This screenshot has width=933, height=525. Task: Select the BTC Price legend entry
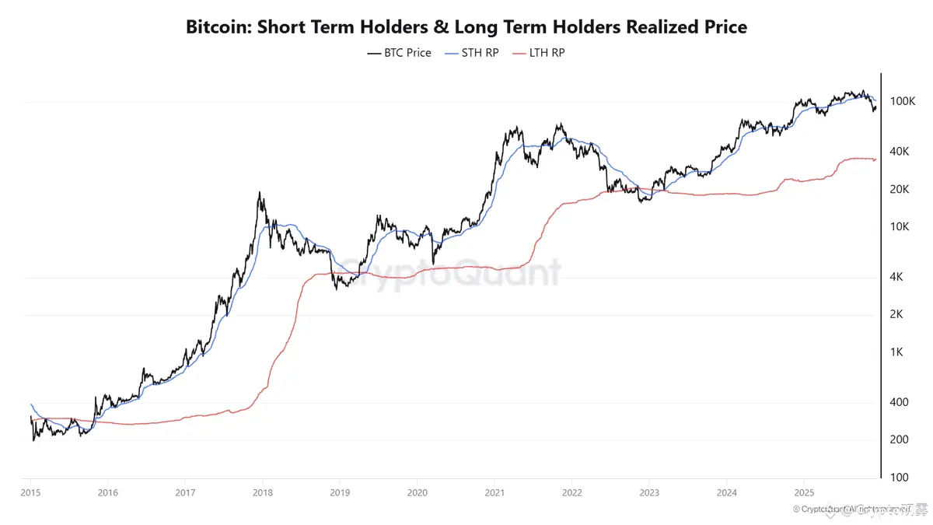399,53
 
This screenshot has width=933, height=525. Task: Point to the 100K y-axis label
903,102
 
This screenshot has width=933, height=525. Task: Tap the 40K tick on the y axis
900,152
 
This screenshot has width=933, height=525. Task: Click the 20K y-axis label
900,190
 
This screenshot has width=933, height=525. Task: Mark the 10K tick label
900,227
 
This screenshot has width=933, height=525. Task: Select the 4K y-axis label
897,277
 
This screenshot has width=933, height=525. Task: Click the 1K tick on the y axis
897,352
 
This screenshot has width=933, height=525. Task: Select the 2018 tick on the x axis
263,493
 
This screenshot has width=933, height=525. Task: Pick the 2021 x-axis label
494,493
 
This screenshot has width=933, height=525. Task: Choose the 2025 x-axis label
803,493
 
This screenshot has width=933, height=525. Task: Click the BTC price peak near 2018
260,193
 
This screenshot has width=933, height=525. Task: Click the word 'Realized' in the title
627,27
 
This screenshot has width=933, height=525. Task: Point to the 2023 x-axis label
649,493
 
